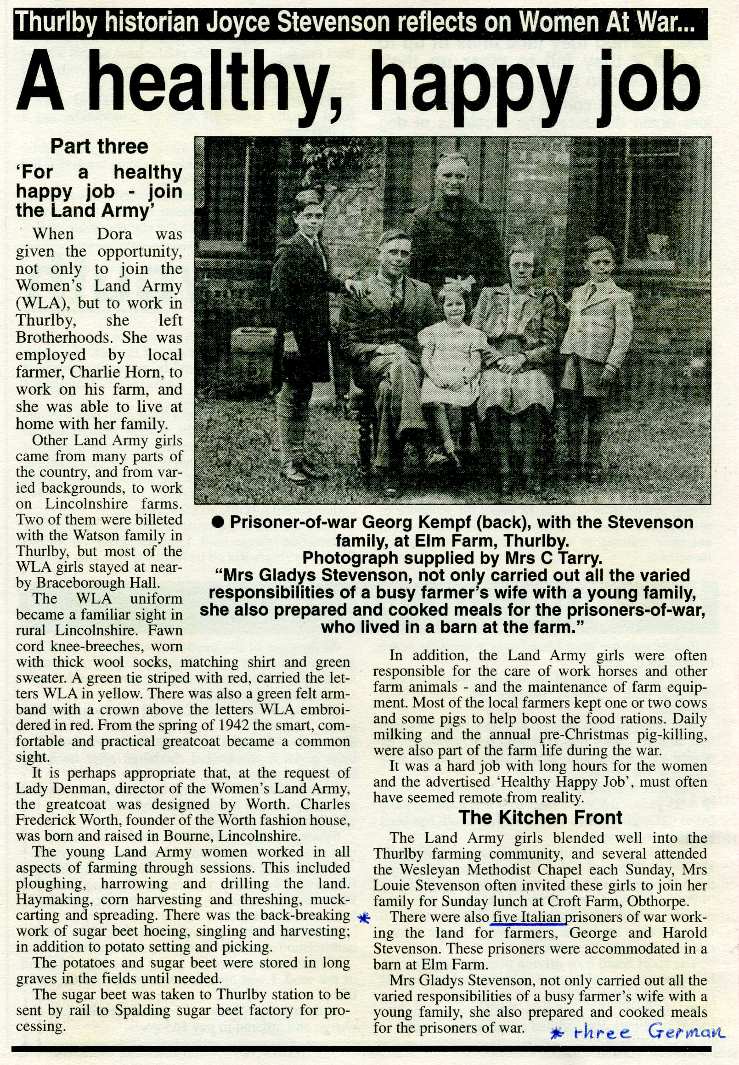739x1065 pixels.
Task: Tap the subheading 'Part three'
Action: click(99, 147)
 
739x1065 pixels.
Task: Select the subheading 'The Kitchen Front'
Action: click(540, 817)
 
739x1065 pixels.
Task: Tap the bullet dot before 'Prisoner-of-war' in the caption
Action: click(218, 523)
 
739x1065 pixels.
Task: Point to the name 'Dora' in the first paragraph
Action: click(114, 234)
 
